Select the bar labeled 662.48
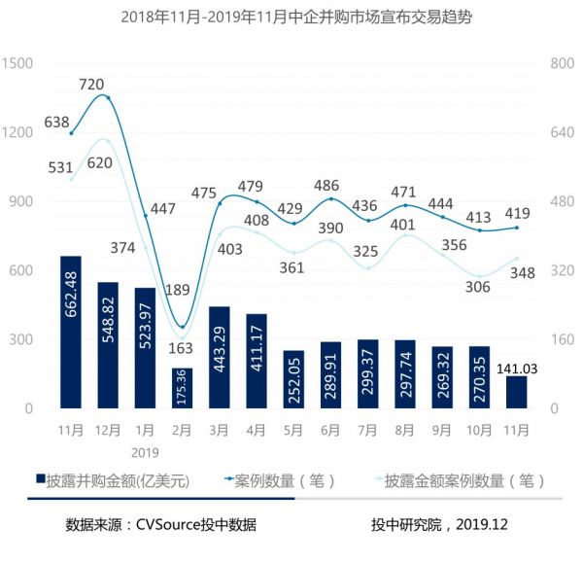tap(70, 332)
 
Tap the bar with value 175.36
tap(182, 388)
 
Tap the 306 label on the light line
tap(477, 286)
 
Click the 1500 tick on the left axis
tap(18, 64)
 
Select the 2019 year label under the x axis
tap(144, 451)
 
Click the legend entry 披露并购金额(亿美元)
tap(118, 480)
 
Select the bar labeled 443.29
tap(220, 357)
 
